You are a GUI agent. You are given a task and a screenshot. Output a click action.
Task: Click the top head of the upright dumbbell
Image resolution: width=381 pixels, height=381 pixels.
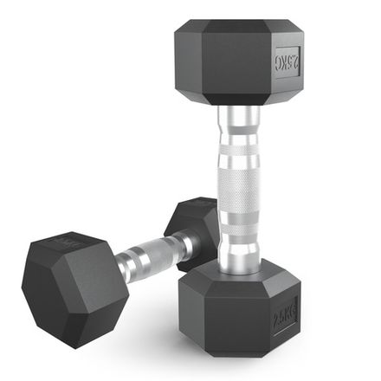238,61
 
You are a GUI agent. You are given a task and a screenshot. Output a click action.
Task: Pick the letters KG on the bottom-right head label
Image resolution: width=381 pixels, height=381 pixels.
288,309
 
